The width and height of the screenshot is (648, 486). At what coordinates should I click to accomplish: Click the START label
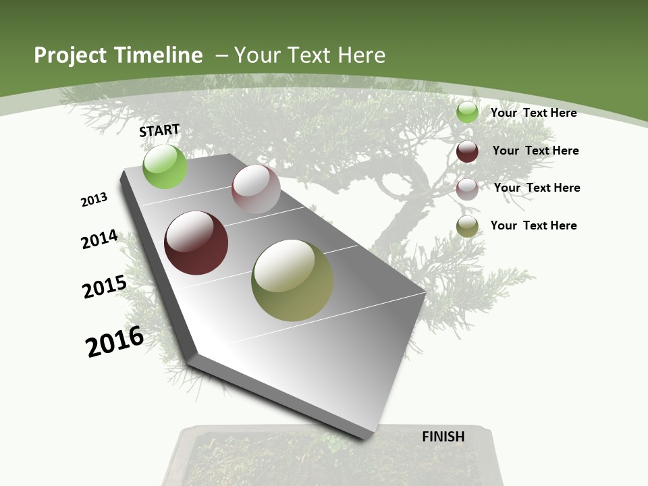(159, 130)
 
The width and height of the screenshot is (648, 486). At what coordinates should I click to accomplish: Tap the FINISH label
(443, 437)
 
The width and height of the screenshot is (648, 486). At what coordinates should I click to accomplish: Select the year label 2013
(94, 200)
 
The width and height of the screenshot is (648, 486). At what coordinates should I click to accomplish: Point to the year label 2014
(99, 239)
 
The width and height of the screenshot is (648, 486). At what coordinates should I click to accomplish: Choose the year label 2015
(104, 286)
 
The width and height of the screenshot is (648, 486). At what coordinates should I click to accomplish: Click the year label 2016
(115, 342)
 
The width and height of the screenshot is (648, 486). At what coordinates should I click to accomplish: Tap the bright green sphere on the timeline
(165, 166)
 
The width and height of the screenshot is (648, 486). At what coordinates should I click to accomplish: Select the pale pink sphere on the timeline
(256, 189)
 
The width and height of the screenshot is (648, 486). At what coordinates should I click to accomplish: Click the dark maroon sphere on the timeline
(196, 243)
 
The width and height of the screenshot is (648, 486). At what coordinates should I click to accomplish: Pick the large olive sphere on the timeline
(292, 280)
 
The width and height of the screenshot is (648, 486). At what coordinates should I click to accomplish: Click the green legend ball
(467, 112)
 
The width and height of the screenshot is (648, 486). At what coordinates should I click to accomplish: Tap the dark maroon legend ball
(467, 151)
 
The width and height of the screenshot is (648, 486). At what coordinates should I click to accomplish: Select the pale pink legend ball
(467, 189)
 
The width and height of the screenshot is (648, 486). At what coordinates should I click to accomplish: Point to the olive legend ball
(467, 227)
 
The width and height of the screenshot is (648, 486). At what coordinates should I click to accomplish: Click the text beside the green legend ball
(533, 113)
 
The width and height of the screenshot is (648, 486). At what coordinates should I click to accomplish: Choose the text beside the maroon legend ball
(535, 151)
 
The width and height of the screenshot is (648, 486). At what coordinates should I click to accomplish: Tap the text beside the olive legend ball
(533, 225)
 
